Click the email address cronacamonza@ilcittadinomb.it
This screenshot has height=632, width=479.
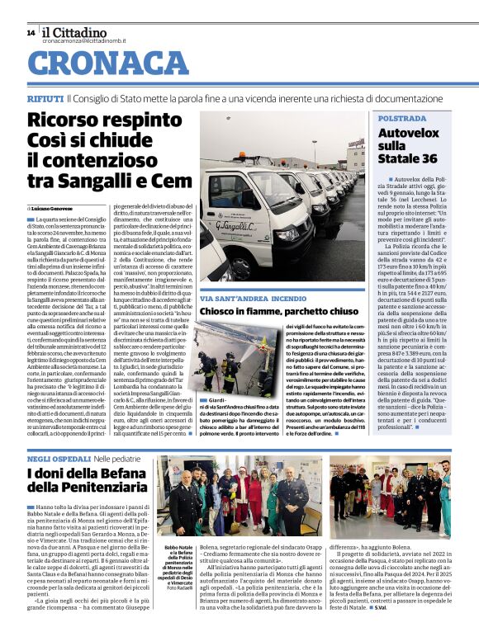(x=86, y=40)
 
